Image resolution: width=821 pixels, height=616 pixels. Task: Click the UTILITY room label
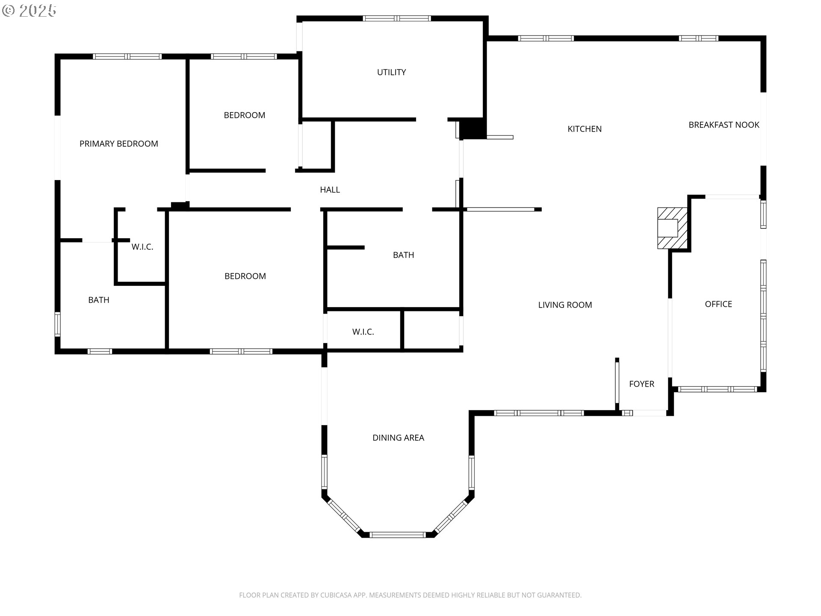click(391, 72)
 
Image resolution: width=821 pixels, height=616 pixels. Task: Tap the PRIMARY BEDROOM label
click(118, 144)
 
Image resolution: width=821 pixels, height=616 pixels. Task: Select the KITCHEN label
click(584, 129)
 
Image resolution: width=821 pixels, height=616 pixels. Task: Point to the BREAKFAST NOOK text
click(724, 125)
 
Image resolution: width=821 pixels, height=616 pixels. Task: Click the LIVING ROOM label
click(565, 305)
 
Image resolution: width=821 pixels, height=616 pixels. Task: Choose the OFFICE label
click(718, 304)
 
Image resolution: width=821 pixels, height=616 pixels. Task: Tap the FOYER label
click(641, 384)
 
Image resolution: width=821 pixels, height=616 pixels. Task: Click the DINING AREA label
click(398, 438)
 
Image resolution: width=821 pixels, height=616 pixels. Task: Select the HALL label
click(330, 190)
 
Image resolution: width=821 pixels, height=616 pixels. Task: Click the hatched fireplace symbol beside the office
click(672, 228)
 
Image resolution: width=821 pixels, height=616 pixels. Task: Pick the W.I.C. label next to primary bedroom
click(142, 247)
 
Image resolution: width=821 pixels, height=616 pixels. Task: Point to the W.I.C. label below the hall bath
click(363, 332)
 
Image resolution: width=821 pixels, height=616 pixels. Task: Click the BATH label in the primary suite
click(98, 300)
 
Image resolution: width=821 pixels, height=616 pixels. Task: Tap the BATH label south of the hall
click(403, 255)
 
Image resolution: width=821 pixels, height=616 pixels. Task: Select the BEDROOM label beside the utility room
click(244, 115)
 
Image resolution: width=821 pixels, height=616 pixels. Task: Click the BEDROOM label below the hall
click(245, 276)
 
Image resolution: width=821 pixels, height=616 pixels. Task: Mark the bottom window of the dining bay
click(398, 534)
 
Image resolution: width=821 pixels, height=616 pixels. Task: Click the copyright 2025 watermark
click(29, 11)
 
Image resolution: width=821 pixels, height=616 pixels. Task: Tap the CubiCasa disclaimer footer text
click(410, 595)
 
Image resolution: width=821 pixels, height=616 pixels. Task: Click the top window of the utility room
click(396, 18)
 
